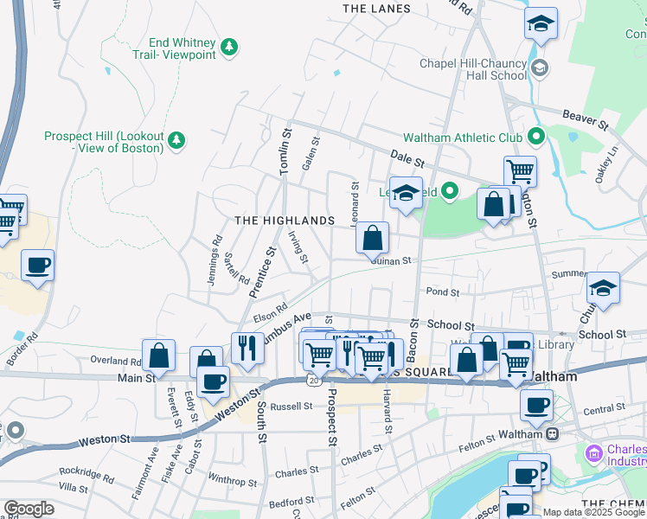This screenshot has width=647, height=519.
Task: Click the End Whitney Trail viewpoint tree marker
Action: [229, 46]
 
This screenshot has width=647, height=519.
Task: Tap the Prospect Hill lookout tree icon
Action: [176, 139]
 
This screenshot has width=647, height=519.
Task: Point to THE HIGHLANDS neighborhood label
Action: [285, 221]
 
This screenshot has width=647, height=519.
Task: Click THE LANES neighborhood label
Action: [376, 9]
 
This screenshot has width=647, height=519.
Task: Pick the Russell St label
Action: [290, 406]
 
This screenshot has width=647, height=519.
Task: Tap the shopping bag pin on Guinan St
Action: [372, 238]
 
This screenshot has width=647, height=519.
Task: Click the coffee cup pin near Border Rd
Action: [37, 265]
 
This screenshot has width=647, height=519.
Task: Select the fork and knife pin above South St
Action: [247, 348]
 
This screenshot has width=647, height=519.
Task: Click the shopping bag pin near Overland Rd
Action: [159, 355]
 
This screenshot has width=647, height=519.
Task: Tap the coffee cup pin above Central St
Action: [536, 404]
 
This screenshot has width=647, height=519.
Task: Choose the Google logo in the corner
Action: [29, 509]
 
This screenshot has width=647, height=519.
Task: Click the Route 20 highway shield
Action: [311, 380]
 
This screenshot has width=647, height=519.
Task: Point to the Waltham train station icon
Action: [551, 434]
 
